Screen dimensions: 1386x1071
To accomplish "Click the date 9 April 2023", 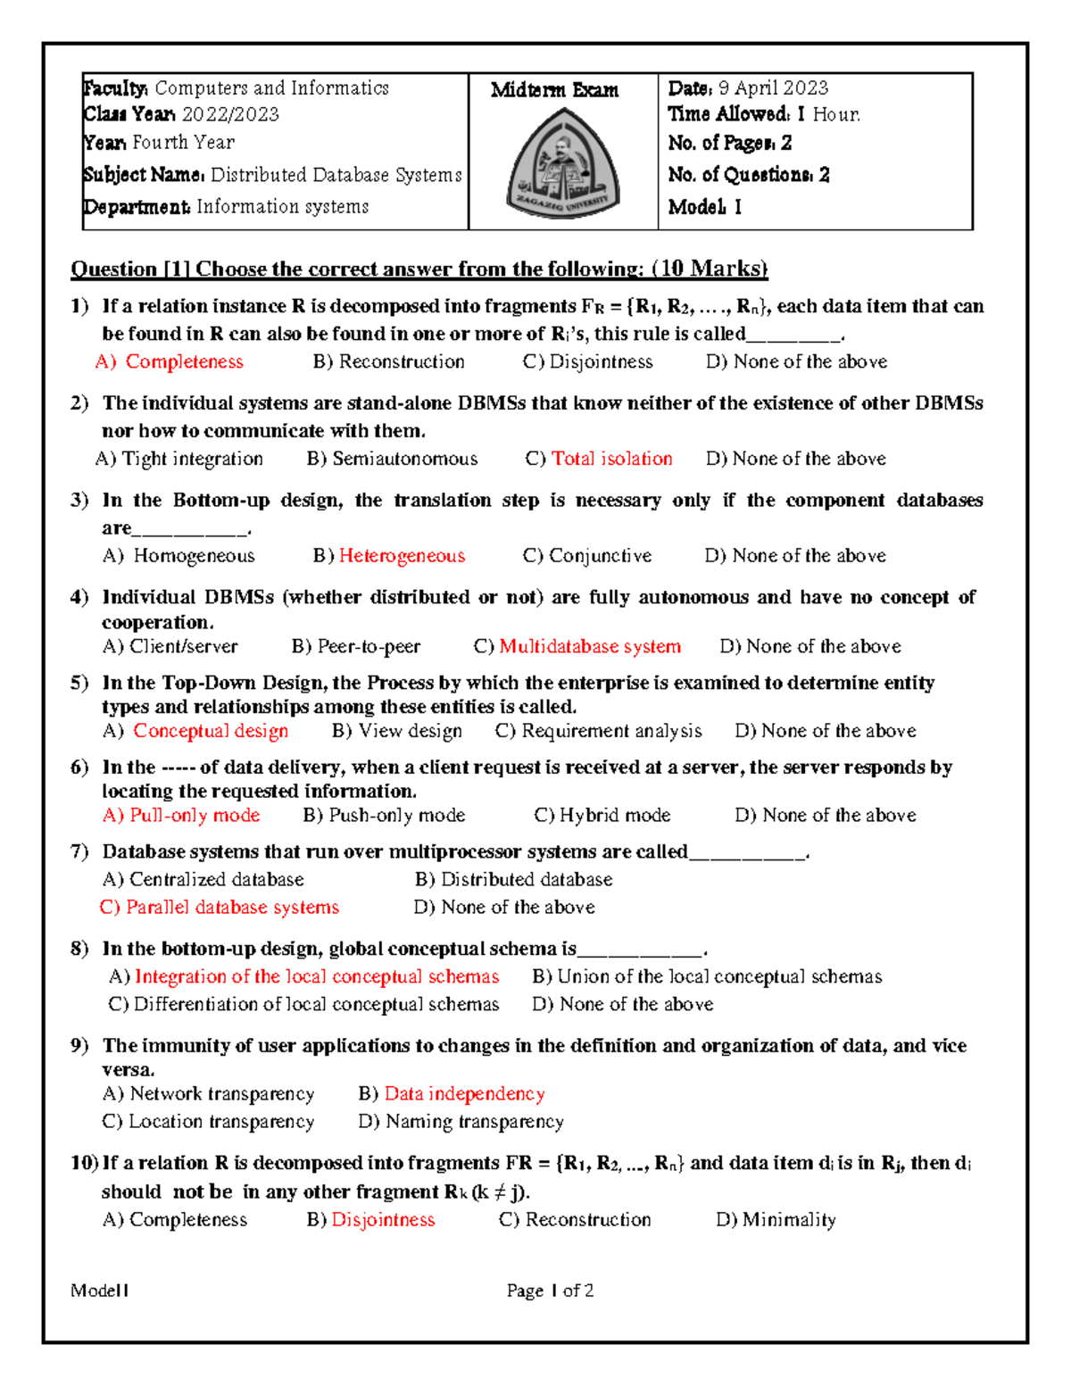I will pyautogui.click(x=773, y=87).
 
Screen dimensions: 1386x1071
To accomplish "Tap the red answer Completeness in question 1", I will pyautogui.click(x=184, y=361).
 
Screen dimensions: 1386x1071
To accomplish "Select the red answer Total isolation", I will pyautogui.click(x=611, y=459).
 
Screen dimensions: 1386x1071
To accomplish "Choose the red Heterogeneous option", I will pyautogui.click(x=402, y=556).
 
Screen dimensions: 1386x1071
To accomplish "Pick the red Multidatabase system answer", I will pyautogui.click(x=590, y=646).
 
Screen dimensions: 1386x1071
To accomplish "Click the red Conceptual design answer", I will pyautogui.click(x=211, y=731).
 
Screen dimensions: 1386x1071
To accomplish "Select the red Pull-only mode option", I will pyautogui.click(x=195, y=815).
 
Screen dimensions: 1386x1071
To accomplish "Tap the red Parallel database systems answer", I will pyautogui.click(x=232, y=907).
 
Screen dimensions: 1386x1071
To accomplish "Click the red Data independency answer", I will pyautogui.click(x=464, y=1093).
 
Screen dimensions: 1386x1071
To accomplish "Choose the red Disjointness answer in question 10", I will pyautogui.click(x=383, y=1219).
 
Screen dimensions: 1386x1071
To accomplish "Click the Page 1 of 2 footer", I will pyautogui.click(x=550, y=1291).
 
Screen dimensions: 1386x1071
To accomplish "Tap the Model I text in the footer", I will pyautogui.click(x=100, y=1291).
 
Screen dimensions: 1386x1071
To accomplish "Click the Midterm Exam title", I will pyautogui.click(x=554, y=90).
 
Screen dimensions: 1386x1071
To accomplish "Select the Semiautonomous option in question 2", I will pyautogui.click(x=404, y=459).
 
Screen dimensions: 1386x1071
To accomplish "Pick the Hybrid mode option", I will pyautogui.click(x=614, y=815).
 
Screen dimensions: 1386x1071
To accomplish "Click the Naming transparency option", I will pyautogui.click(x=474, y=1121).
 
